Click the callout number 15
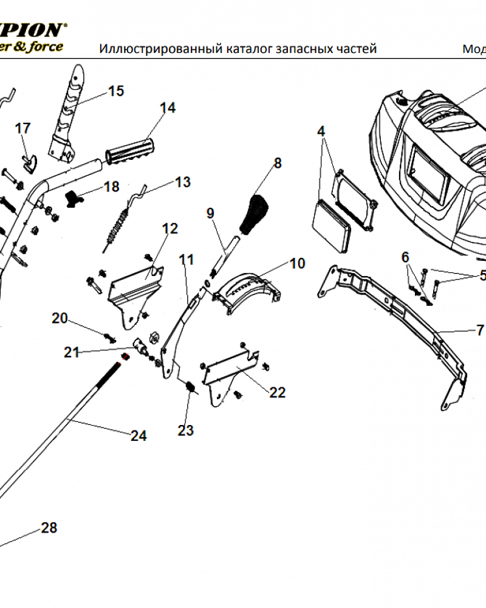click(x=115, y=91)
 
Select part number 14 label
click(x=168, y=108)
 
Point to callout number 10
click(x=297, y=263)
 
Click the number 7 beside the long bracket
click(x=480, y=331)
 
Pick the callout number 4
click(x=321, y=131)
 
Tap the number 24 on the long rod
click(x=139, y=436)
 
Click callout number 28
click(x=49, y=528)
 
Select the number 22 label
click(x=277, y=393)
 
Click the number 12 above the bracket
click(x=170, y=229)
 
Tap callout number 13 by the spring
click(x=182, y=182)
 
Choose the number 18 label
click(x=112, y=187)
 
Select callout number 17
click(x=22, y=128)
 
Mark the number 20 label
click(x=60, y=318)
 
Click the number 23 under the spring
click(x=185, y=430)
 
